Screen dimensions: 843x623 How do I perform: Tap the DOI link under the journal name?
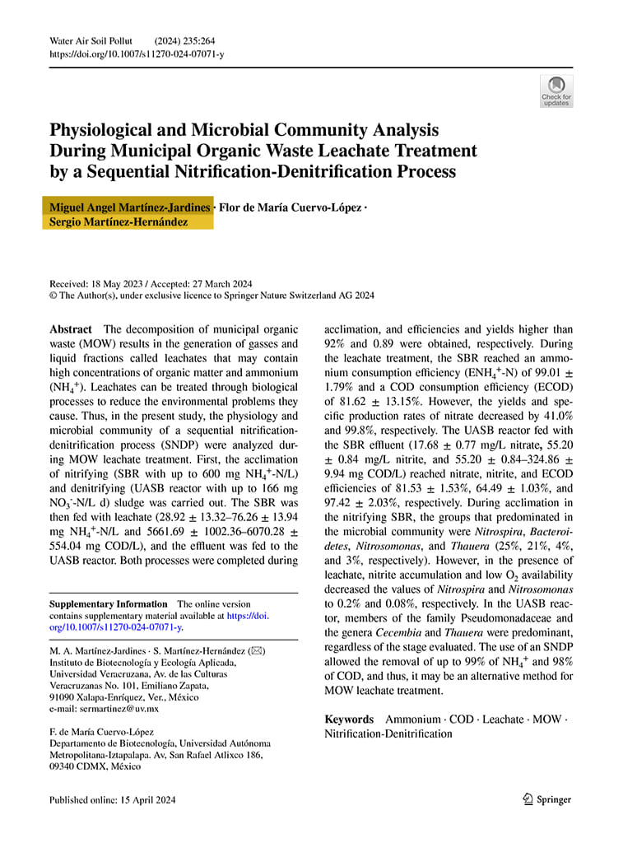(x=137, y=54)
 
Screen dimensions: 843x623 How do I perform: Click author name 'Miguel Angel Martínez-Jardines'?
(x=130, y=207)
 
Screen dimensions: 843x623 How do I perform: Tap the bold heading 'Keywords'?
(x=349, y=719)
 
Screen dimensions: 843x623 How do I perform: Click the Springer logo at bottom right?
(x=547, y=799)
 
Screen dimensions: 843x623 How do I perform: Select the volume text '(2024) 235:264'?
(x=184, y=40)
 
